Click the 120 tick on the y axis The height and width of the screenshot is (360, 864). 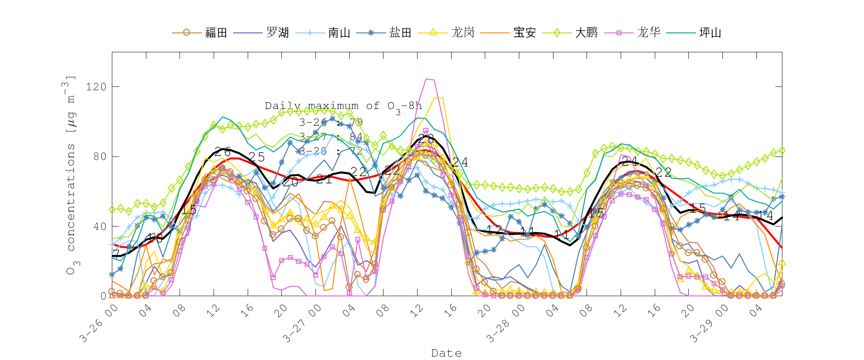[96, 87]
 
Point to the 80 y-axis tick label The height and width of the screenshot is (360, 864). [99, 156]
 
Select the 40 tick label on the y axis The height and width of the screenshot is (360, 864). [99, 226]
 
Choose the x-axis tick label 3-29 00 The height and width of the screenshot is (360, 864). [708, 324]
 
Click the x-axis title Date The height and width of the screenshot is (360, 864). [446, 353]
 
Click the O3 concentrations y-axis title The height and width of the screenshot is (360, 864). [71, 175]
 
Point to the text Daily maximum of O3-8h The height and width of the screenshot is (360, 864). [343, 107]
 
